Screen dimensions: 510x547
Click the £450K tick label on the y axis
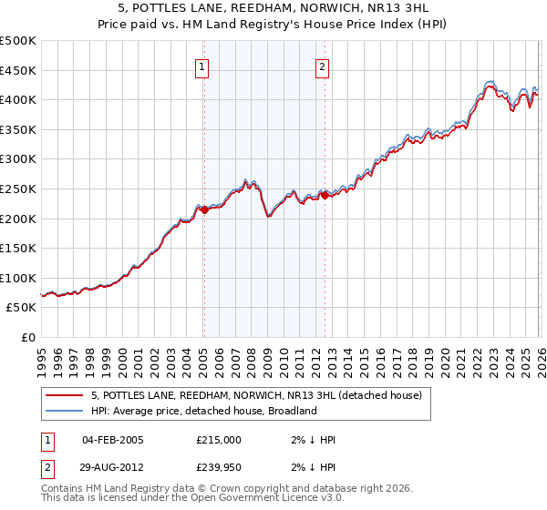click(18, 70)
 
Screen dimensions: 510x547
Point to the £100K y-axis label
click(18, 278)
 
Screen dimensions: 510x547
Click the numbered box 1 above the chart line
click(201, 66)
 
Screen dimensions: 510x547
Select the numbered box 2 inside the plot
click(323, 66)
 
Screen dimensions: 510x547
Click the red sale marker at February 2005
click(204, 209)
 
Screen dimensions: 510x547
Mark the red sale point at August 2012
click(325, 195)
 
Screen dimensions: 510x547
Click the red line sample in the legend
click(65, 396)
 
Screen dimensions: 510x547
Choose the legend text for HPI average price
click(203, 411)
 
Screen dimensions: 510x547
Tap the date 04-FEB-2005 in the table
click(113, 440)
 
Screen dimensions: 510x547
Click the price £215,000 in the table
click(218, 440)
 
